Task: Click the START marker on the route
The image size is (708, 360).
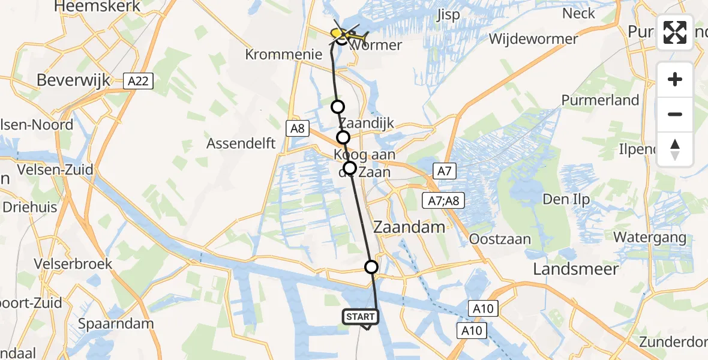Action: tap(361, 317)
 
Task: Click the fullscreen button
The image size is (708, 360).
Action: tap(675, 32)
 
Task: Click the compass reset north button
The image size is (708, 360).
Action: tap(675, 149)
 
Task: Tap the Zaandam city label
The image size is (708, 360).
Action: tap(409, 227)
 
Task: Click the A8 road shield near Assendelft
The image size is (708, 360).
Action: tap(298, 128)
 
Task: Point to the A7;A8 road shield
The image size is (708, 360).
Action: tap(443, 200)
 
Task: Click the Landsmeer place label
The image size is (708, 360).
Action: tap(576, 269)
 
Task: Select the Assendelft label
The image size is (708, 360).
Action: tap(241, 143)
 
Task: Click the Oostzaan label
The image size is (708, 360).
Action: tap(500, 239)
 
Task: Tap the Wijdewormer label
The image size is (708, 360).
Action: tap(533, 40)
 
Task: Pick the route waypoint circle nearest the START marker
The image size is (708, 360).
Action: tap(372, 267)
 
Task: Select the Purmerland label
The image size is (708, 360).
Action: tap(600, 100)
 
